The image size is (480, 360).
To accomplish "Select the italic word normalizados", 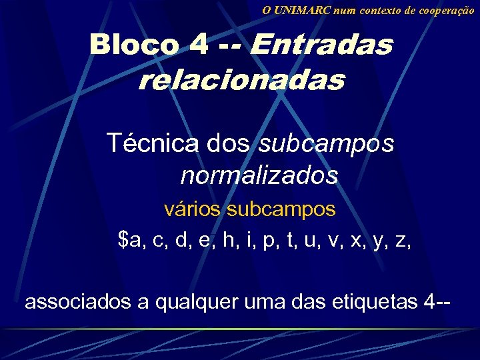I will point(259,176).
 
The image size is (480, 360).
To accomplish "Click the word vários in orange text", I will point(193,209).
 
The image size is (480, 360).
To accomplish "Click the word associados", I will point(77,302).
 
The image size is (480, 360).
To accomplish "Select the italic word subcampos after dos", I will point(326,143).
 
